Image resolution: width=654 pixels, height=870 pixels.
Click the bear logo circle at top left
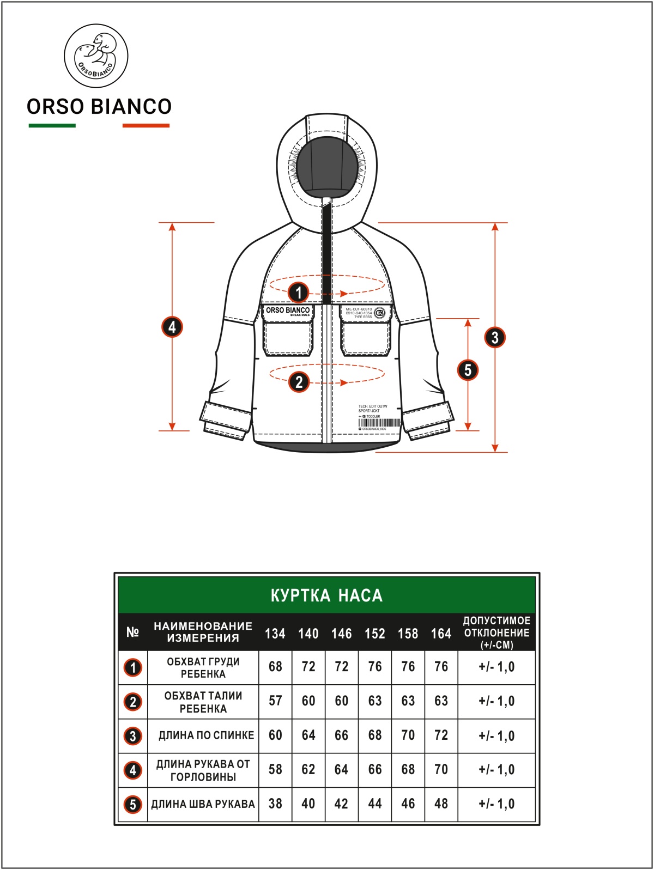tap(96, 56)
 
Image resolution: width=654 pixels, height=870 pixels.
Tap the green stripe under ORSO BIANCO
tap(52, 126)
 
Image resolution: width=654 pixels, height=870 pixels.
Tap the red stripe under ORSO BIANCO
tap(146, 126)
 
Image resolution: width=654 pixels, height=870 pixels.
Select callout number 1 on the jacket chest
tap(298, 293)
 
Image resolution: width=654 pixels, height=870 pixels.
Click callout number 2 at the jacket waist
tap(299, 382)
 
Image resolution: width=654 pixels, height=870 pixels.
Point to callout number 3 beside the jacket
tap(495, 337)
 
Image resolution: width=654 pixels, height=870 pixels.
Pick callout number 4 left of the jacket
tap(172, 327)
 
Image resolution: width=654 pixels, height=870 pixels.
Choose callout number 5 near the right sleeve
tap(468, 370)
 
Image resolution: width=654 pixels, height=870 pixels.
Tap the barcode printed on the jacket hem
tap(379, 423)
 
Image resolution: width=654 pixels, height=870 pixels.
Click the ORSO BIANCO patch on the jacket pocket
tap(287, 311)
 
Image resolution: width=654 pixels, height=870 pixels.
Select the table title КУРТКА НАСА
tap(326, 595)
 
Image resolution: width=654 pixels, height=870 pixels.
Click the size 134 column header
tap(275, 634)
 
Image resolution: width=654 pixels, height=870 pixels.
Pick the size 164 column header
tap(441, 634)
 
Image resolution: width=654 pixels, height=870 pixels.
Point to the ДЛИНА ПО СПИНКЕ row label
tap(206, 735)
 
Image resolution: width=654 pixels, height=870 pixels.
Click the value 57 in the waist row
tap(275, 701)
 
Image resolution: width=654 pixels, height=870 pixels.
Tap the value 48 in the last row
tap(441, 804)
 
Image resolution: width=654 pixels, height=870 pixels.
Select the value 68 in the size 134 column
tap(275, 667)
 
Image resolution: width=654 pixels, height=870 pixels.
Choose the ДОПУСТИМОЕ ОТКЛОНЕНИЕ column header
tap(496, 632)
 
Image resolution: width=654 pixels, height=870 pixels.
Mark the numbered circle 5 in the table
tap(133, 805)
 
